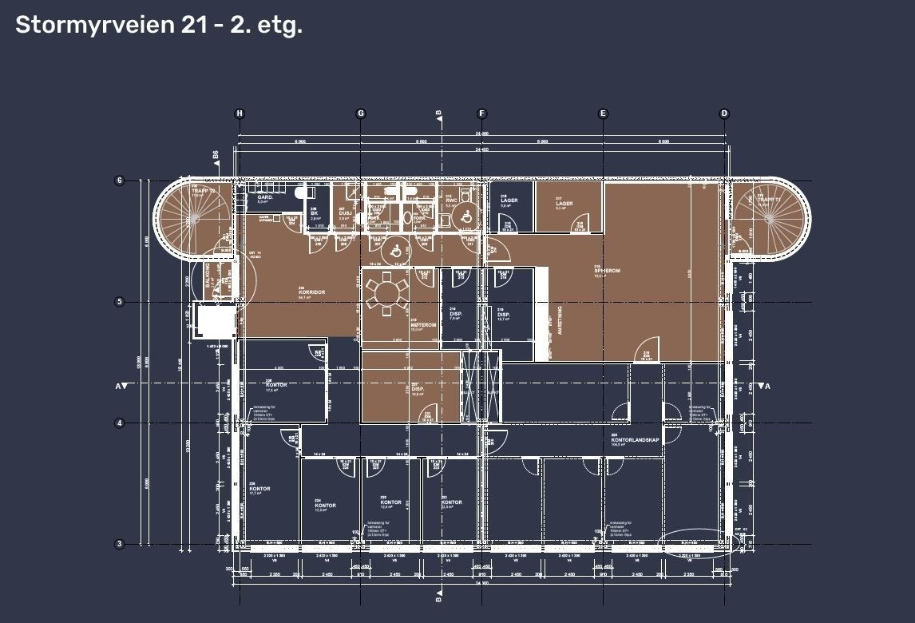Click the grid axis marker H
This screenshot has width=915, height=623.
(240, 113)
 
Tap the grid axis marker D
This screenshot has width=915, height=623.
(724, 113)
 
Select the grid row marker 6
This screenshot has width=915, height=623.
(120, 181)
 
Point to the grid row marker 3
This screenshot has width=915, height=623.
(120, 544)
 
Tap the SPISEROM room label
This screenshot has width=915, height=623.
(607, 271)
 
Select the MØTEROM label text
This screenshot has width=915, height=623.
(423, 325)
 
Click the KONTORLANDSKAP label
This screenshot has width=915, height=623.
(635, 440)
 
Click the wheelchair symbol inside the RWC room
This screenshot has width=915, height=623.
(462, 216)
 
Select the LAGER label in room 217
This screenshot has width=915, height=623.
(564, 204)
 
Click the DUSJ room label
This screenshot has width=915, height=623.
(345, 213)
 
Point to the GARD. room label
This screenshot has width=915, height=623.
(263, 196)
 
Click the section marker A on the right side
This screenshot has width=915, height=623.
(767, 387)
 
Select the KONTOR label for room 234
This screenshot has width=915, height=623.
(325, 506)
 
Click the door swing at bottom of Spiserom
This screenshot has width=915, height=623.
(644, 355)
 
